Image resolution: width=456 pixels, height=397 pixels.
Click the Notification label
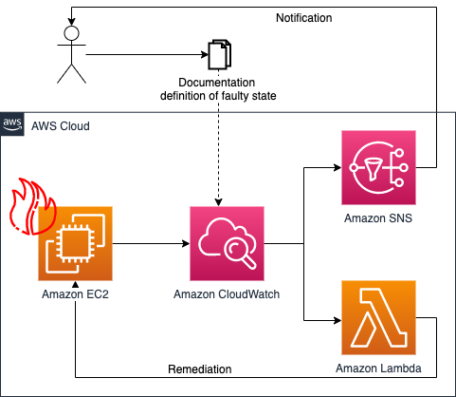pyautogui.click(x=303, y=18)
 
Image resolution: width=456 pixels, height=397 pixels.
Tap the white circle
pyautogui.click(x=71, y=34)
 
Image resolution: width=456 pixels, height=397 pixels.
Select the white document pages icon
pyautogui.click(x=219, y=55)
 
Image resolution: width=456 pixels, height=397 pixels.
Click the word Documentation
pyautogui.click(x=219, y=84)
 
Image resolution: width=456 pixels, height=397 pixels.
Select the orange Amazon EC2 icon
pyautogui.click(x=75, y=243)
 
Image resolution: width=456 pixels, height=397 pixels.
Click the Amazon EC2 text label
pyautogui.click(x=75, y=294)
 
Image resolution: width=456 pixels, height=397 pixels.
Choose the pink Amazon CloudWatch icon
pyautogui.click(x=227, y=243)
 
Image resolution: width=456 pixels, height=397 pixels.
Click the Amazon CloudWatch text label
pyautogui.click(x=227, y=294)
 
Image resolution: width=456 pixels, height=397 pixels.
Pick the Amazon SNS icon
pyautogui.click(x=378, y=167)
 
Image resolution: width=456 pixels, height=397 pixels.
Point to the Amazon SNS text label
pyautogui.click(x=378, y=219)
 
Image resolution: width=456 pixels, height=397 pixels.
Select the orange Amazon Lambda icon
pyautogui.click(x=378, y=317)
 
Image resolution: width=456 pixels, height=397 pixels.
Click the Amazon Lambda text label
pyautogui.click(x=378, y=368)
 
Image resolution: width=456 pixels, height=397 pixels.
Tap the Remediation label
pyautogui.click(x=199, y=369)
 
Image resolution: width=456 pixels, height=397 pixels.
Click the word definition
pyautogui.click(x=186, y=96)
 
